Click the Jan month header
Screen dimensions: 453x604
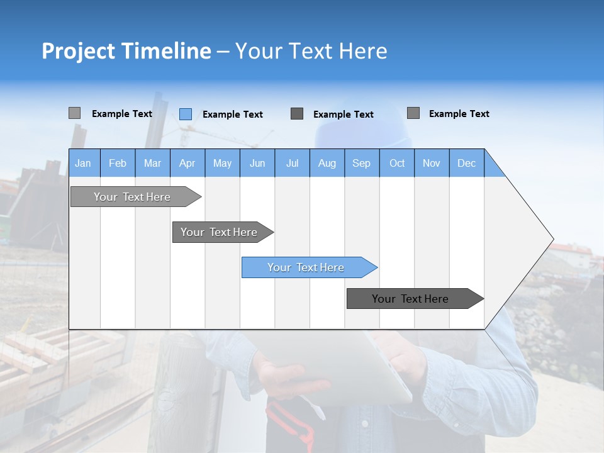point(83,163)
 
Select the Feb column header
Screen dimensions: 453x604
point(118,163)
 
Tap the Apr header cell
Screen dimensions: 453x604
point(187,163)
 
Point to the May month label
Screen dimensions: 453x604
point(222,163)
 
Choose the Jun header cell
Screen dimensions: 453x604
point(257,163)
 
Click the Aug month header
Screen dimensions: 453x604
point(327,163)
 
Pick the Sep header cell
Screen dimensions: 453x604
point(361,163)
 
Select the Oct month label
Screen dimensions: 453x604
point(397,163)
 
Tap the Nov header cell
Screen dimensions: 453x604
point(432,163)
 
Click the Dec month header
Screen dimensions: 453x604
point(466,163)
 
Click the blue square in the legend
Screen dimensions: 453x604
point(185,114)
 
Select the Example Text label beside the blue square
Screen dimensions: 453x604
point(232,115)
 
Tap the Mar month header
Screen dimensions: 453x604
point(152,163)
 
